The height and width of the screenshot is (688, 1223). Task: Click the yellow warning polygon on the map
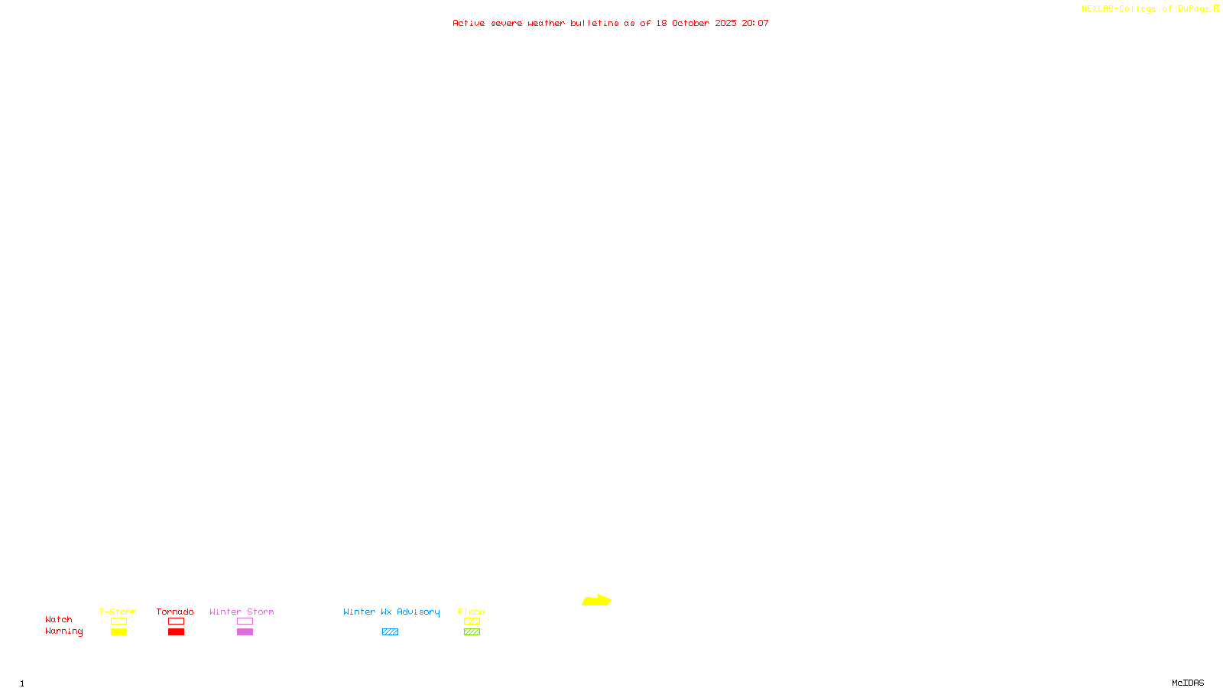click(x=596, y=601)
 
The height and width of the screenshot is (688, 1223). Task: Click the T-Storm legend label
click(x=118, y=612)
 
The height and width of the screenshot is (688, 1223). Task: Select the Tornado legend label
click(x=175, y=612)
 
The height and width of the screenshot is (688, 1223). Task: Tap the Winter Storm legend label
click(x=242, y=612)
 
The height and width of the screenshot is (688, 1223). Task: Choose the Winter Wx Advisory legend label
click(x=391, y=612)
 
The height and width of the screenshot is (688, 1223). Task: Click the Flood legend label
click(x=472, y=612)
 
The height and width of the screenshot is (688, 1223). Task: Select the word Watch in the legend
click(x=59, y=620)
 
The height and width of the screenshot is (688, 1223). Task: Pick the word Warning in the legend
click(x=64, y=631)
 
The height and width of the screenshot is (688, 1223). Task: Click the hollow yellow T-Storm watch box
click(x=118, y=621)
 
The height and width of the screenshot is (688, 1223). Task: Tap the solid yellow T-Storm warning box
click(x=118, y=632)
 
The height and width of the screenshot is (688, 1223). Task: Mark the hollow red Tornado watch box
click(x=176, y=621)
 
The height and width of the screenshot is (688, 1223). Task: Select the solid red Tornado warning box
click(x=176, y=632)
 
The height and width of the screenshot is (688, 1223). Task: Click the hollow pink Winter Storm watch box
click(x=245, y=621)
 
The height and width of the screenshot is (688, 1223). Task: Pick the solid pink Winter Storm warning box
click(x=245, y=632)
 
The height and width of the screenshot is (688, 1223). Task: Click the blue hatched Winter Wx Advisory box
click(x=390, y=632)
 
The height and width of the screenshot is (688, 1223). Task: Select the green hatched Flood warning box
click(x=472, y=632)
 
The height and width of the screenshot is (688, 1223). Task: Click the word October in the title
click(x=690, y=24)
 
